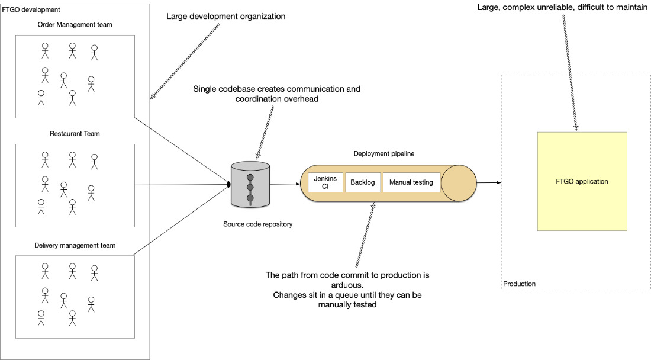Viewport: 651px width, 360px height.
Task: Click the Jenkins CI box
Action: point(325,182)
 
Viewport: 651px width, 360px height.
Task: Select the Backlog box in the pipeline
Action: point(362,182)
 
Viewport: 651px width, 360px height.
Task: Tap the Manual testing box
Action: point(411,182)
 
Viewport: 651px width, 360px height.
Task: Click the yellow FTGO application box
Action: point(582,181)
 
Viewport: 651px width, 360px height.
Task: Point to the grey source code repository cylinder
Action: point(250,185)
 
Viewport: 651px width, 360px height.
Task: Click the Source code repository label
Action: point(258,224)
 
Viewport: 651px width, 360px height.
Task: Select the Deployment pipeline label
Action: point(384,153)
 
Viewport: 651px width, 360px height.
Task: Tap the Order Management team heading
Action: point(75,25)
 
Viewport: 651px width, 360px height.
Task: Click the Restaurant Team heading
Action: point(75,134)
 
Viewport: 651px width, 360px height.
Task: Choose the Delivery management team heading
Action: point(75,245)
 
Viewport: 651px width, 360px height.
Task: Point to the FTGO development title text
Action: point(31,9)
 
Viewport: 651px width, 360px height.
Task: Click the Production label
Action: point(520,284)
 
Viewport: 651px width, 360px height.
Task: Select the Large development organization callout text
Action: point(226,16)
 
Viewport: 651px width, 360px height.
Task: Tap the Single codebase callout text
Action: point(277,94)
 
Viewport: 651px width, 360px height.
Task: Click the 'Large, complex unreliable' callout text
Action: point(562,7)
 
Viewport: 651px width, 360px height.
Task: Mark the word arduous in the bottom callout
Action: point(347,285)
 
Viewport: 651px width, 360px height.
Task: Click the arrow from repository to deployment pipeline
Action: point(285,184)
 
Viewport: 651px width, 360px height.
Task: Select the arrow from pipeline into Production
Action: point(489,183)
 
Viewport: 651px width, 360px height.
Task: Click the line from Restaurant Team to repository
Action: point(183,185)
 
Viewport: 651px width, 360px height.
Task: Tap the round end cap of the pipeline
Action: point(459,183)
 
